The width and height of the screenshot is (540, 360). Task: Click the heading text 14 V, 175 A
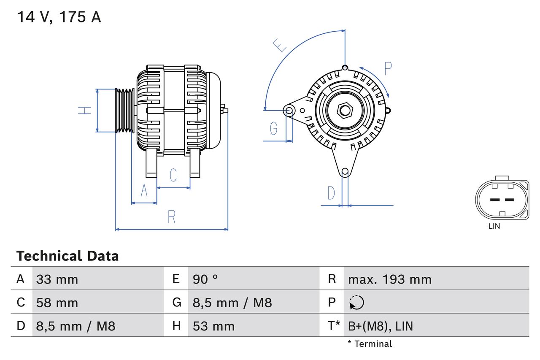pos(59,17)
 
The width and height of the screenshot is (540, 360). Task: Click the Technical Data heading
pos(67,256)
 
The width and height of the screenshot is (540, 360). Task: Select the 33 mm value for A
pos(57,279)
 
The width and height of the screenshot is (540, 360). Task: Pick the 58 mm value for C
pos(57,303)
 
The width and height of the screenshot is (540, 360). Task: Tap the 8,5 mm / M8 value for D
pos(76,326)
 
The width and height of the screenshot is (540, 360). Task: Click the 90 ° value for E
pos(205,279)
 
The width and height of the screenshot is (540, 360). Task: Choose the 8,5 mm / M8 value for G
pos(232,303)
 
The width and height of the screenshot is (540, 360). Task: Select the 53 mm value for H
pos(213,326)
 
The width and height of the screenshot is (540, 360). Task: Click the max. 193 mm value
pos(389,279)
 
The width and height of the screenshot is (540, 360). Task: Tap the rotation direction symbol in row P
pos(356,303)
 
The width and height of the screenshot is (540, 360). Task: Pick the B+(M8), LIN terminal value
pos(380,326)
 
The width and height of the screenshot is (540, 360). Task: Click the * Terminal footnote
pos(370,344)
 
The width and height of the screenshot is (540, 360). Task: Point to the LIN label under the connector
pos(494,226)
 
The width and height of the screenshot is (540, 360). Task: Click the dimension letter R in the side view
pos(171,217)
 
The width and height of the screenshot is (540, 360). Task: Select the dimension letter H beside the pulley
pos(85,111)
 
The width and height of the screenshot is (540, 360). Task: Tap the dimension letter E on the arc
pos(279,45)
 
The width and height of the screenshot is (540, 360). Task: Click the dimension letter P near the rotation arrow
pos(388,68)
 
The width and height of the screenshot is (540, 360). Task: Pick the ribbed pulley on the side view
pos(125,111)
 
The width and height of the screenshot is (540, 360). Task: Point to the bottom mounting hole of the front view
pos(345,171)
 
